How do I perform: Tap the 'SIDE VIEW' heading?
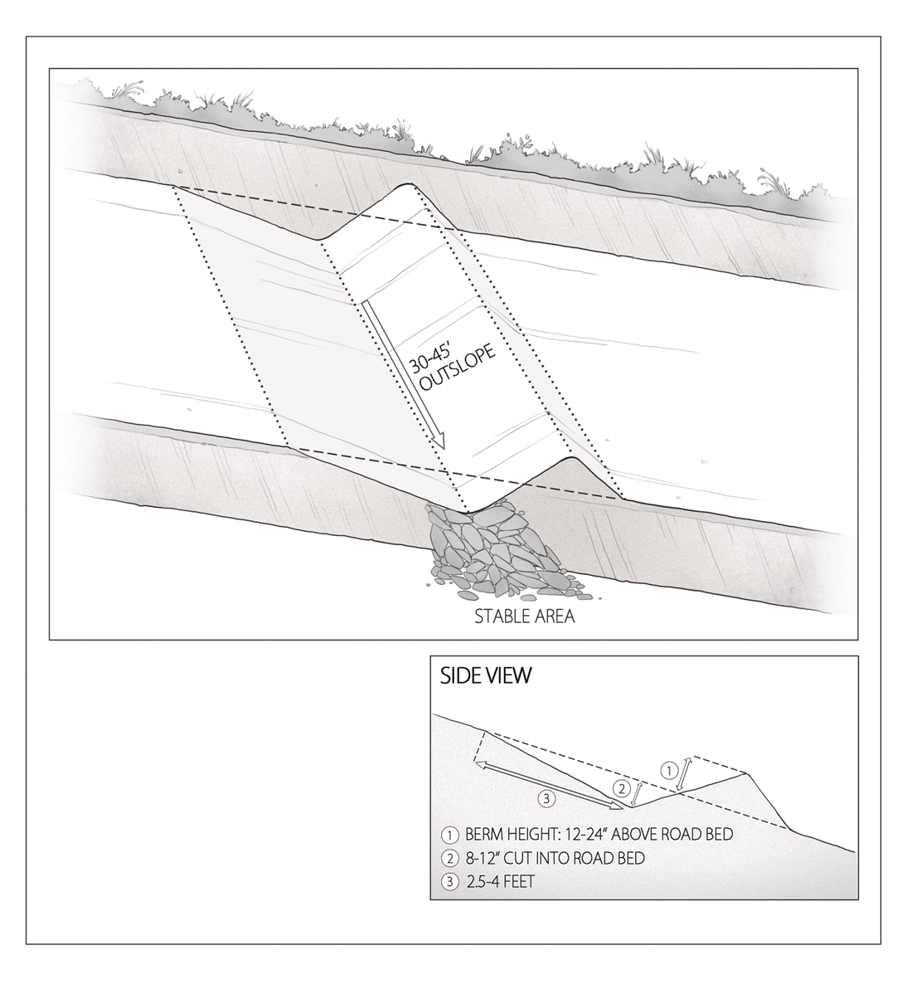pos(486,675)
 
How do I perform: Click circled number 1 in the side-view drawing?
pos(668,769)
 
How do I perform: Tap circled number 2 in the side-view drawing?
pos(621,787)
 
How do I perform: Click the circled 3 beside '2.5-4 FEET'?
pos(450,883)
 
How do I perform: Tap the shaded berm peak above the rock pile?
pos(570,459)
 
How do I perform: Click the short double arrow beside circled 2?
pos(637,793)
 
